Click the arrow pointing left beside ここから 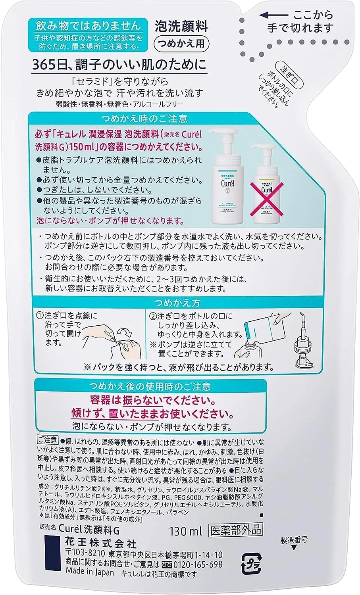click(273, 15)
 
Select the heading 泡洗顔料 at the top click(181, 27)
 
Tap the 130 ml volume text click(186, 531)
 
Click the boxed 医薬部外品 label click(236, 530)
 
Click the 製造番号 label click(294, 539)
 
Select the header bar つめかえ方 click(177, 303)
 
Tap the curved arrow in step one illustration click(125, 332)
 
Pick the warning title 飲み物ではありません click(88, 26)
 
